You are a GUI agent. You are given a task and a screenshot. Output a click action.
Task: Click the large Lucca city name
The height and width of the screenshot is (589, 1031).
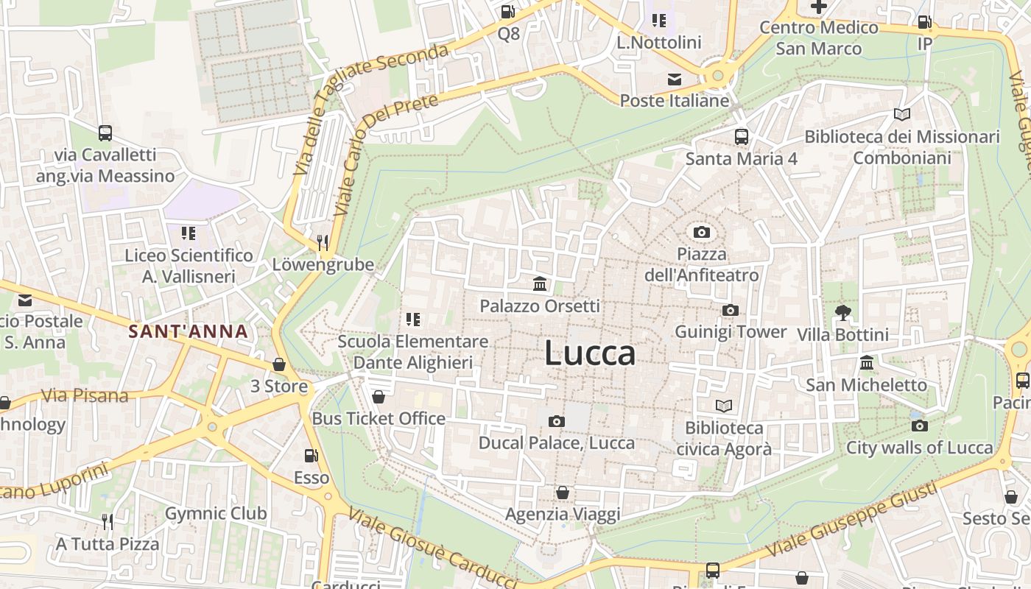590,353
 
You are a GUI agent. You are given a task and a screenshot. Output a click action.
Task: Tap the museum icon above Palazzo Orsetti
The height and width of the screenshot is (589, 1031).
540,283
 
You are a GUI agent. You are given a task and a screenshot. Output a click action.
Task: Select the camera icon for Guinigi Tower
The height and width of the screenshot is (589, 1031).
730,310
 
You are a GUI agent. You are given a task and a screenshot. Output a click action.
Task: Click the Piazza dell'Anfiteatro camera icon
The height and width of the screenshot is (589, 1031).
702,233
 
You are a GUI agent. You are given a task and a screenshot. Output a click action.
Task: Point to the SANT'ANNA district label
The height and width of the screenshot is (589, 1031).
188,331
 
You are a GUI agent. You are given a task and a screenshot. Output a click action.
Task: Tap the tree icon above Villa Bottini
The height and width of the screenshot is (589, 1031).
842,313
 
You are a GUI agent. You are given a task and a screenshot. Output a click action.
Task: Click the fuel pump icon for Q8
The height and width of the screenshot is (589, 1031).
507,12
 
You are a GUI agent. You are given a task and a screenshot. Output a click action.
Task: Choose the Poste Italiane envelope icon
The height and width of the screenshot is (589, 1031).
674,80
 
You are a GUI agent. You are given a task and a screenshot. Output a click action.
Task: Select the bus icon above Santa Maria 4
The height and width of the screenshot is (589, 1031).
741,137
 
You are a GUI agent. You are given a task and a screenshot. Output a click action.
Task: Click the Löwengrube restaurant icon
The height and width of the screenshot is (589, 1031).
322,242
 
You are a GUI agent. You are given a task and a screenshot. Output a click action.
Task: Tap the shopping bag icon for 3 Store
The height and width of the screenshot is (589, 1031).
278,364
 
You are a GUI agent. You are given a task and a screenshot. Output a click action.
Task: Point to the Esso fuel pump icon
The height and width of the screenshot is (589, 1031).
312,456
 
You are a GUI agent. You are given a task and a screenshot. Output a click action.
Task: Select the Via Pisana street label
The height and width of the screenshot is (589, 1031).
84,396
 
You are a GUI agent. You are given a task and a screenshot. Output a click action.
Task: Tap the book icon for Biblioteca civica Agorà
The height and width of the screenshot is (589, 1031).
724,406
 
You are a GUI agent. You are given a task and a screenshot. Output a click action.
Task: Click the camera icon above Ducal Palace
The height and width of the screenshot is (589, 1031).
556,421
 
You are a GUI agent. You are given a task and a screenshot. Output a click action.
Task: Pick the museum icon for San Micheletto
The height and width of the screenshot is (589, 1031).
866,363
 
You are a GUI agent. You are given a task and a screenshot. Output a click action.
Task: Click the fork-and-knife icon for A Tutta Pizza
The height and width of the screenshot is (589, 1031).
108,522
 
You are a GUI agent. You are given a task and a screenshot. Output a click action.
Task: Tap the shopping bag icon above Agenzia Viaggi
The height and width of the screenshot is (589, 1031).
563,492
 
